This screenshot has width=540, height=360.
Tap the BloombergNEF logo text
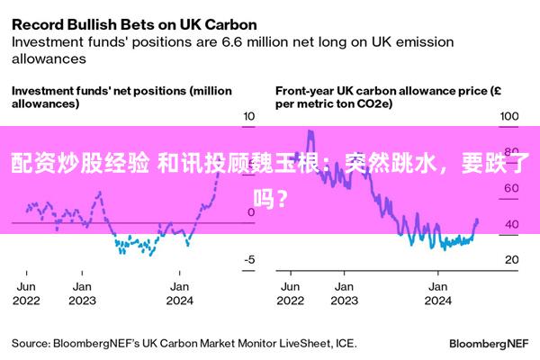pos(490,343)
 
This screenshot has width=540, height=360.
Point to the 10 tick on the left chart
pos(249,116)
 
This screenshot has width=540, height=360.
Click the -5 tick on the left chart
pos(249,260)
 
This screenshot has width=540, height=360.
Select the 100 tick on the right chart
pos(510,116)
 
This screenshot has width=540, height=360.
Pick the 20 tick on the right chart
pos(511,260)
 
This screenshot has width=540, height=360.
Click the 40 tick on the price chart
pos(511,224)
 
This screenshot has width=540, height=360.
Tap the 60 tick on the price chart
pos(511,188)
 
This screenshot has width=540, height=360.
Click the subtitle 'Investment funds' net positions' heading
pos(121,96)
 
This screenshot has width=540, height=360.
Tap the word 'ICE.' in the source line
pos(345,343)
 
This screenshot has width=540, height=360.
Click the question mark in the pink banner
pos(283,193)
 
